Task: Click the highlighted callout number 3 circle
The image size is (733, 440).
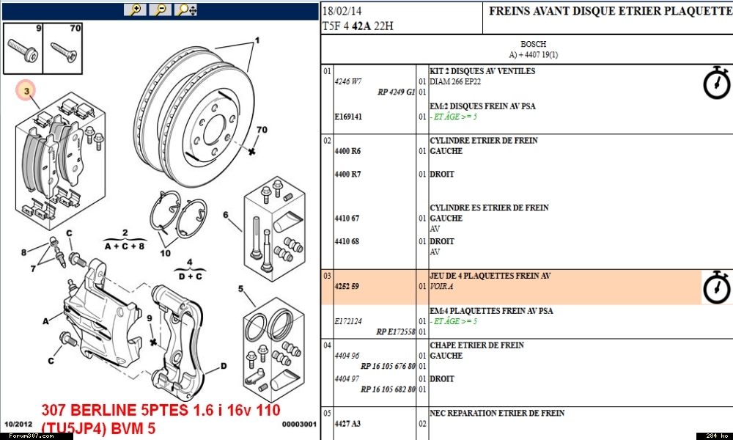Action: [x=26, y=91]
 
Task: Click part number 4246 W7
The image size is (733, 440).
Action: [x=347, y=81]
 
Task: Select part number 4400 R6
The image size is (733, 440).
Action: [x=347, y=151]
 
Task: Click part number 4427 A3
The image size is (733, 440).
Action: [x=347, y=424]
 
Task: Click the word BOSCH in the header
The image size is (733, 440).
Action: [x=533, y=44]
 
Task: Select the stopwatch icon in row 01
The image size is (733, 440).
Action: [x=717, y=83]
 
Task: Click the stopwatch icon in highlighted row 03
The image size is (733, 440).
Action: [x=717, y=287]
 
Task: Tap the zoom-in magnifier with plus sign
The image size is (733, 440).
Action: [x=135, y=10]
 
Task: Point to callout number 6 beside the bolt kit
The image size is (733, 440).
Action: [x=226, y=215]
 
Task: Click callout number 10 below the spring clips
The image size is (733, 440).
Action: [x=165, y=254]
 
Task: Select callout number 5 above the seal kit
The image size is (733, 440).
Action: [x=241, y=289]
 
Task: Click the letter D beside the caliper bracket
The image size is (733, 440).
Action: [x=223, y=365]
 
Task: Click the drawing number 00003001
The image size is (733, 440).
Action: [x=299, y=424]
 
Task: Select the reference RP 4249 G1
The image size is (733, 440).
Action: [x=397, y=92]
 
